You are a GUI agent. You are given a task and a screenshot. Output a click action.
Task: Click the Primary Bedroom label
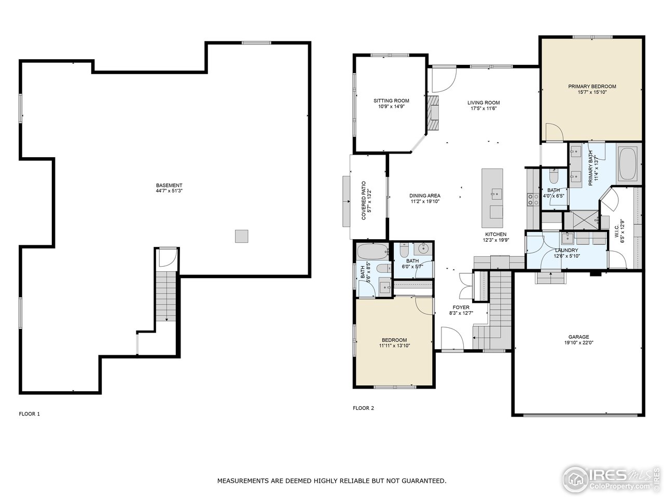[x=592, y=86]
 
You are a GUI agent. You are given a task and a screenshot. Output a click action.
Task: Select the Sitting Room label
[x=391, y=101]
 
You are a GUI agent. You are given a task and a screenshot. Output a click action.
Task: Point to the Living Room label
[x=483, y=103]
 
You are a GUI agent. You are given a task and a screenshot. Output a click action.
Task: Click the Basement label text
[x=169, y=185]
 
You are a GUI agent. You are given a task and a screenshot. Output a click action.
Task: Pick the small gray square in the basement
[x=241, y=236]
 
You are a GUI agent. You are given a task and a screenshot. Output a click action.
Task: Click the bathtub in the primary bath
[x=629, y=163]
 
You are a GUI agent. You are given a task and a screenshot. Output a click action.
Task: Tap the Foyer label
[x=461, y=308]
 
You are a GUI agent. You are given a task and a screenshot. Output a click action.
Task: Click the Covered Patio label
[x=364, y=200]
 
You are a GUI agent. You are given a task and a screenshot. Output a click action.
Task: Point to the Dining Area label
[x=425, y=196]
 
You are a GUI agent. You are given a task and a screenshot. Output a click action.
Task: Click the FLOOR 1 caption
[x=30, y=414]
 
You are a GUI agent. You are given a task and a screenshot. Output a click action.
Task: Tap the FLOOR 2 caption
[x=363, y=408]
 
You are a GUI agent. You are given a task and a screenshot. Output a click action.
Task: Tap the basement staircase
[x=167, y=297]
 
